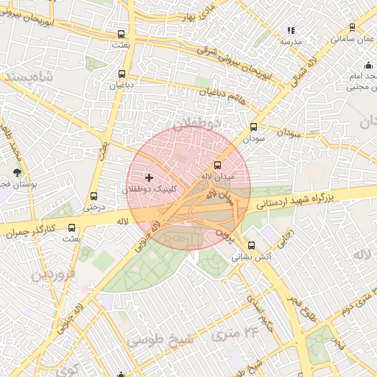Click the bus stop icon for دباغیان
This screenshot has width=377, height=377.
pos(121,74)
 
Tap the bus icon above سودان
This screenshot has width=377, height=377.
pos(254,127)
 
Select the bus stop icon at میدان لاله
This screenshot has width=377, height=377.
pos(217,165)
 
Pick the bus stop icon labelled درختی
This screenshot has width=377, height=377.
pos(93,196)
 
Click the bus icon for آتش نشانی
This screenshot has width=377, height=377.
pos(252,245)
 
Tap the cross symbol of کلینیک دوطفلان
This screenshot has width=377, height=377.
pos(149,177)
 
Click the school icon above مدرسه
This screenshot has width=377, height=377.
pos(290,31)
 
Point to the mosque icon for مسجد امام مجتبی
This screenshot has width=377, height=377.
pos(368,64)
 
